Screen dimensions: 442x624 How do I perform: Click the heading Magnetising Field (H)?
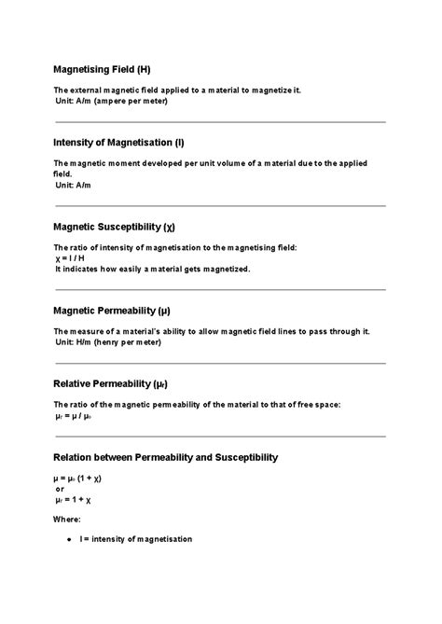tap(102, 69)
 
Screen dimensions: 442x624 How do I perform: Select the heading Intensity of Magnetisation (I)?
tap(118, 143)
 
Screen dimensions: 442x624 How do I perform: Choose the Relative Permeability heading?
tap(110, 383)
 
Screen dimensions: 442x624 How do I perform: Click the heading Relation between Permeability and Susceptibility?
tap(165, 457)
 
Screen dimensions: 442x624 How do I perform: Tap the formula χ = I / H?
tap(70, 258)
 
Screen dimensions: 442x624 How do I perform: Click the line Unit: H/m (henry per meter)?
tap(108, 342)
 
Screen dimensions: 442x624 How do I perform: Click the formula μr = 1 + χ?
tap(74, 499)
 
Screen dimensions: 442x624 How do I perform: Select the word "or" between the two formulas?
tap(60, 488)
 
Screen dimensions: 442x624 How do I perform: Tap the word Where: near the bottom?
tap(67, 519)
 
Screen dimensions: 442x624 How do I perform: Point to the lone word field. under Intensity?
tap(62, 174)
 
